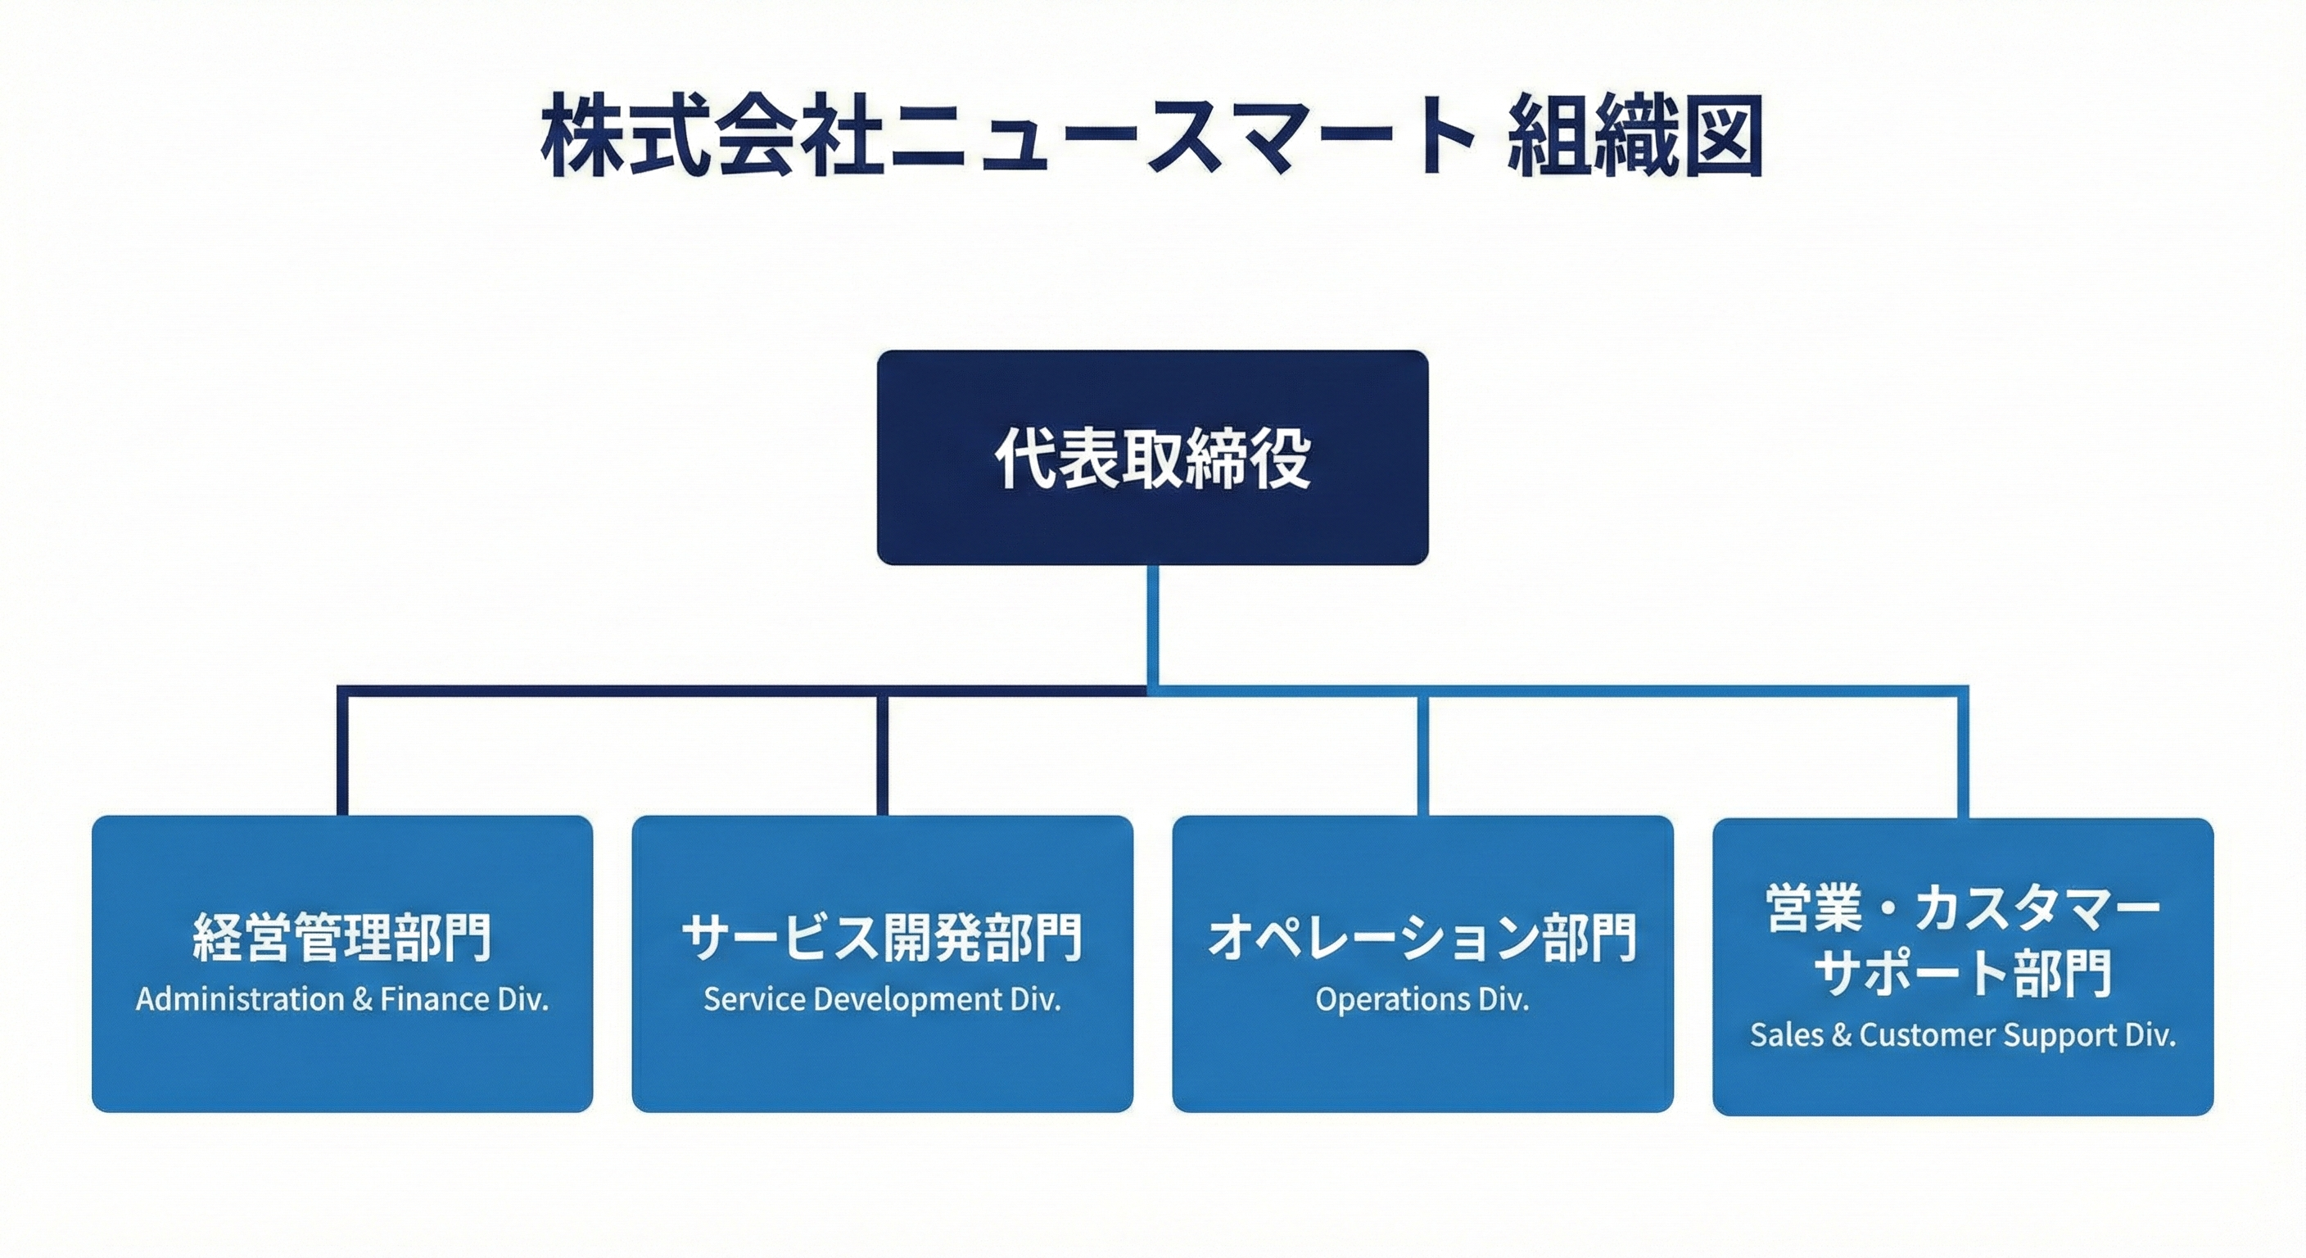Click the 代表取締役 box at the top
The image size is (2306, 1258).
coord(1152,458)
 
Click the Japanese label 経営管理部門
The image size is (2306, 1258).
coord(342,939)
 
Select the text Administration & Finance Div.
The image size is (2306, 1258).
coord(342,1000)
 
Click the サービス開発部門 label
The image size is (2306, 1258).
coord(882,939)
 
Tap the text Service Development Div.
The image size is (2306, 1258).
coord(882,1000)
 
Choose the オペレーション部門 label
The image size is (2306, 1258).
coord(1422,939)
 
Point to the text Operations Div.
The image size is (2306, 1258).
coord(1422,1000)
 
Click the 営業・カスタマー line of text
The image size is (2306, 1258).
coord(1962,910)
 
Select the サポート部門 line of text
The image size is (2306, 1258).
coord(1962,974)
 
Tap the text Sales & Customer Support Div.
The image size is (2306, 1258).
coord(1962,1036)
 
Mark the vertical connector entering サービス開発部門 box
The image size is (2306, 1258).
coord(883,752)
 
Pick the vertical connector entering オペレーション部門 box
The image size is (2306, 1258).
coord(1423,752)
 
